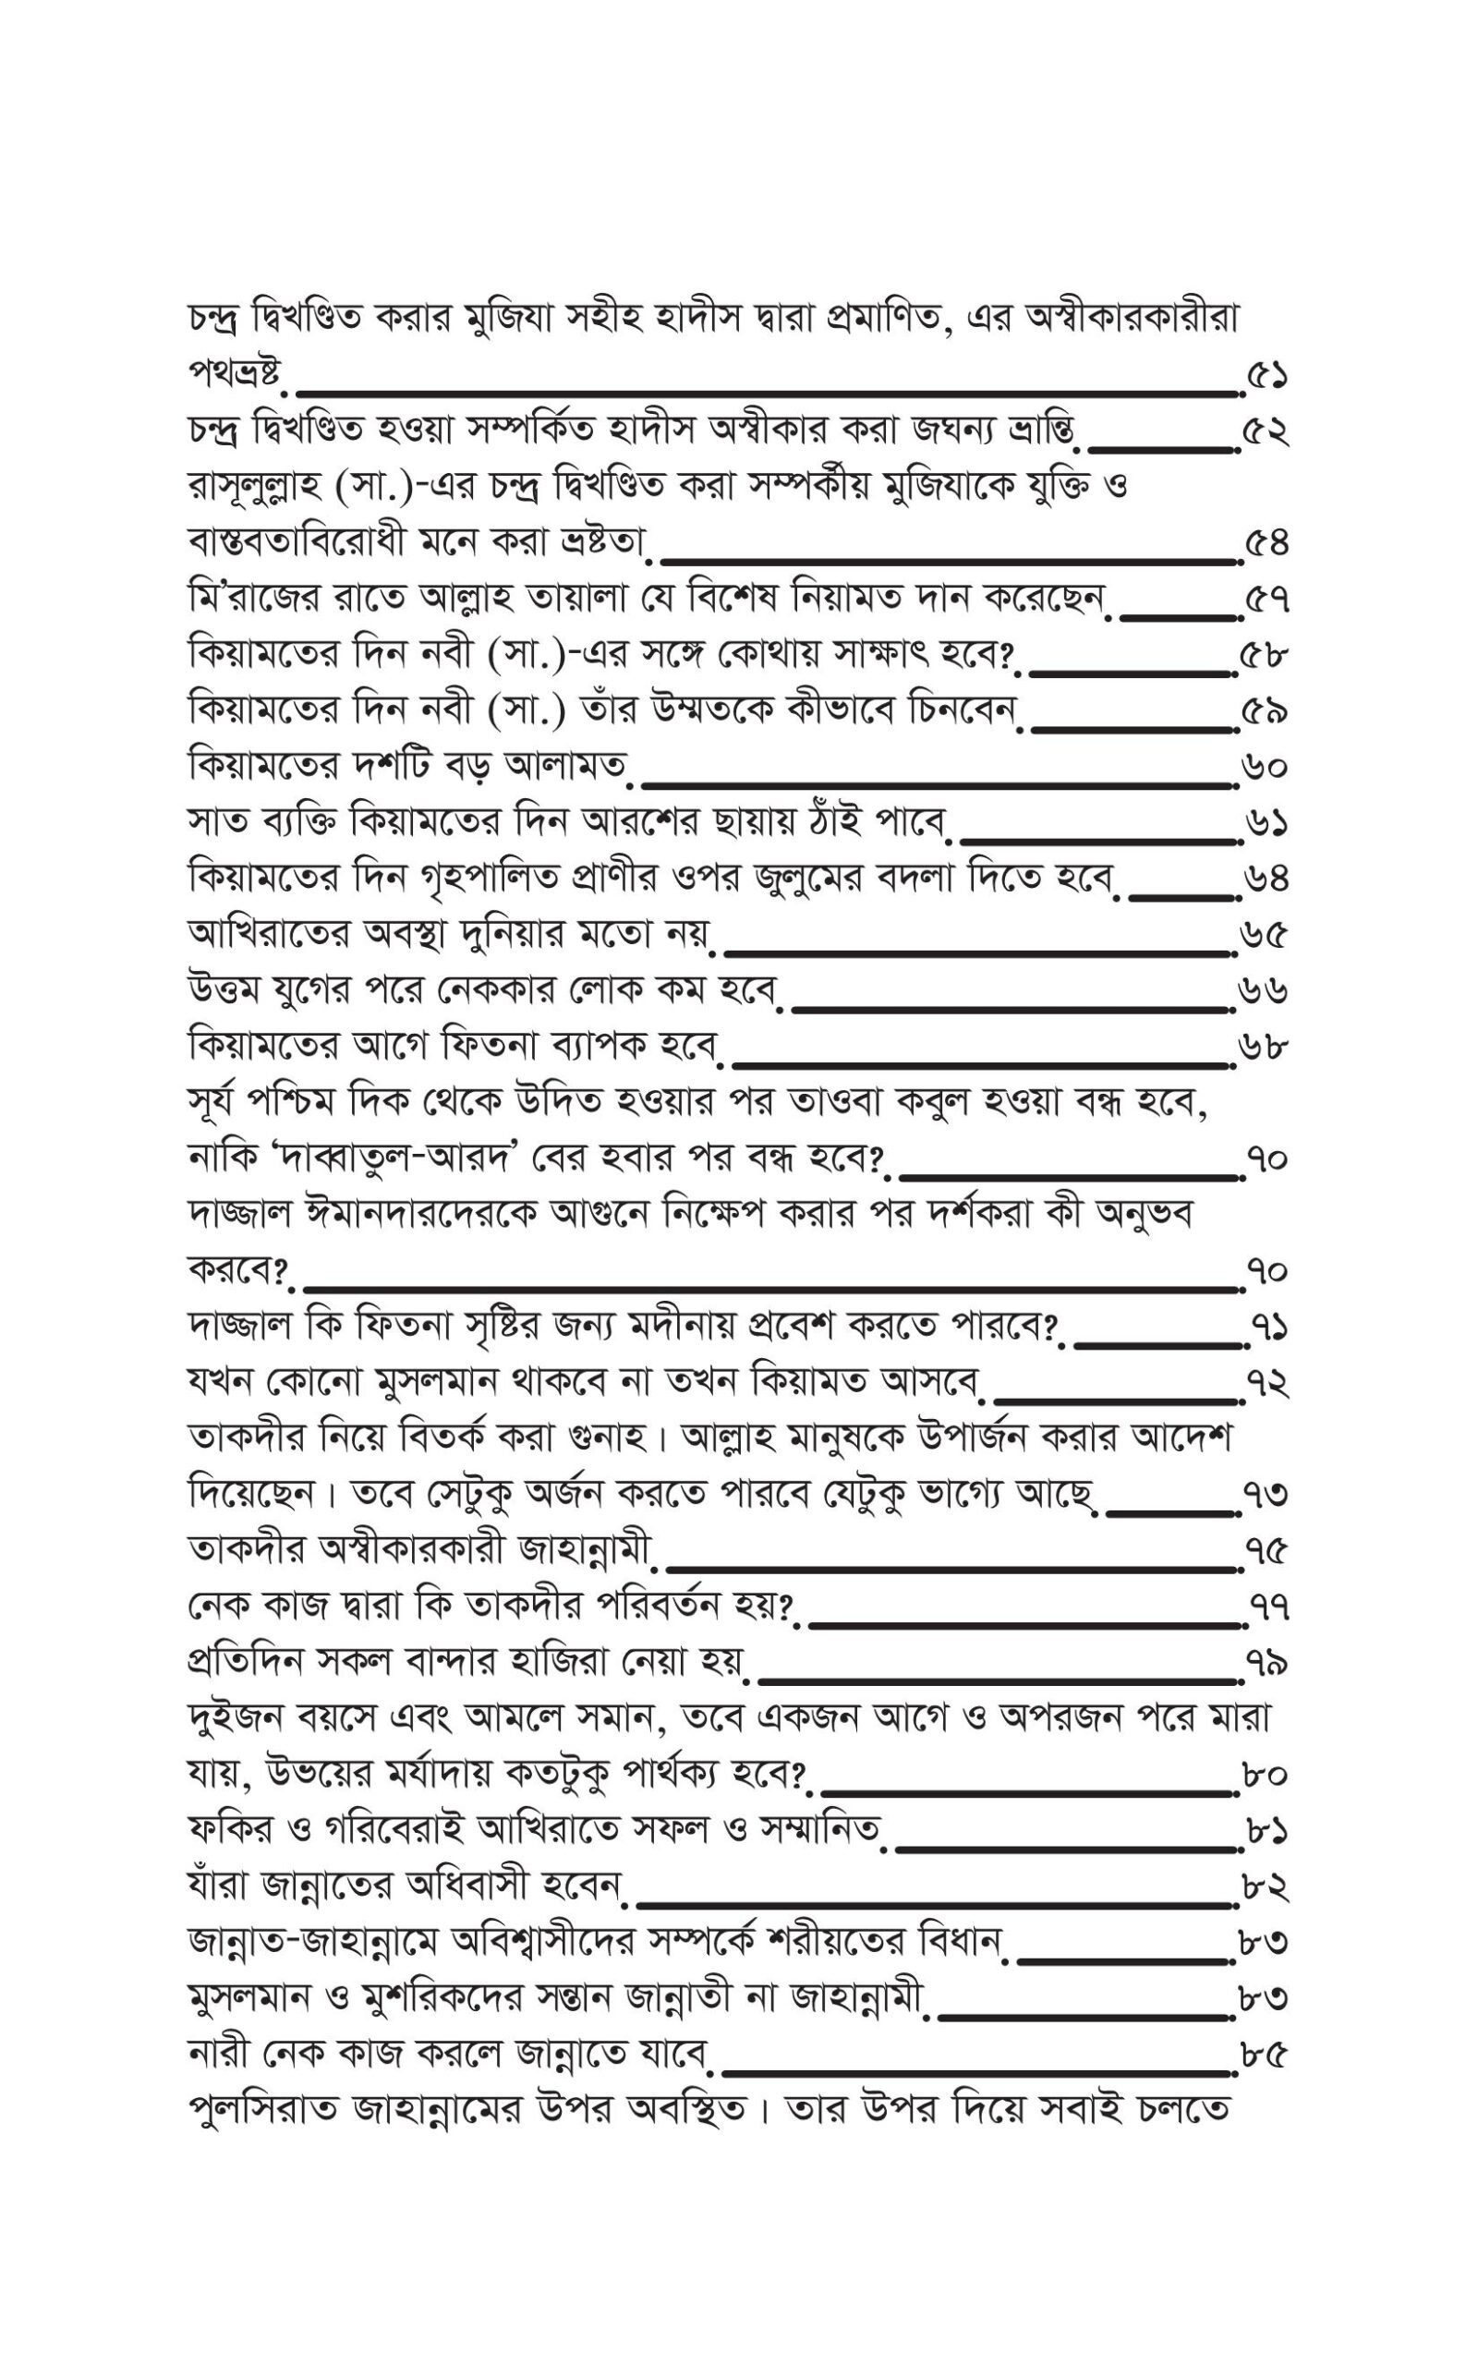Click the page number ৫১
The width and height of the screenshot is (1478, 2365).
pos(1266,375)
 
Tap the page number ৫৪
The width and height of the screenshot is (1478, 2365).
pos(1266,543)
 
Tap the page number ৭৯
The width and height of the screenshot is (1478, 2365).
pos(1266,1662)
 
